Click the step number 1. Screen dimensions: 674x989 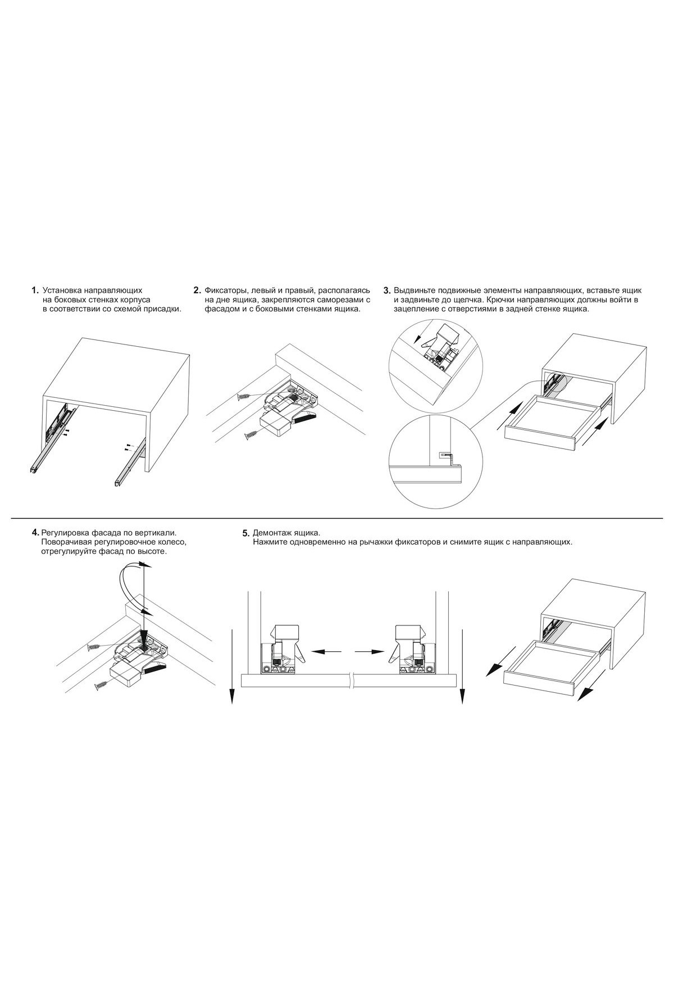(35, 291)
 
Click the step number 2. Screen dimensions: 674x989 (197, 291)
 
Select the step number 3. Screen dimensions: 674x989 (386, 291)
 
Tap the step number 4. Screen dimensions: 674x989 (36, 532)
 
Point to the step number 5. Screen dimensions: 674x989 (245, 533)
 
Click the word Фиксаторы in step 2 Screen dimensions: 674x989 (226, 291)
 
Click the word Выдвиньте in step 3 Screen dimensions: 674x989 (415, 291)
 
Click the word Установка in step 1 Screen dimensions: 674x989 (62, 291)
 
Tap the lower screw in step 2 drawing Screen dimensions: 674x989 (251, 435)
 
